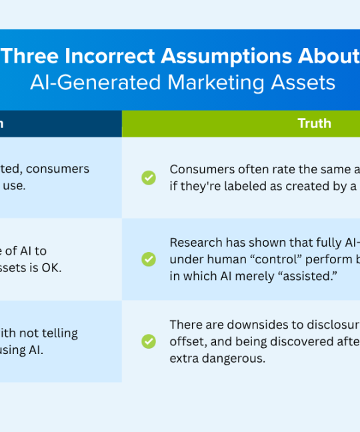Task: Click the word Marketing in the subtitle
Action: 205,83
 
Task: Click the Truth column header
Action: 314,124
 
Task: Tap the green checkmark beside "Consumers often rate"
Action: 149,177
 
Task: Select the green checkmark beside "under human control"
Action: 149,259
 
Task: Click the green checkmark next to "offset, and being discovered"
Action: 149,341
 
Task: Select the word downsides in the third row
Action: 253,325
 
